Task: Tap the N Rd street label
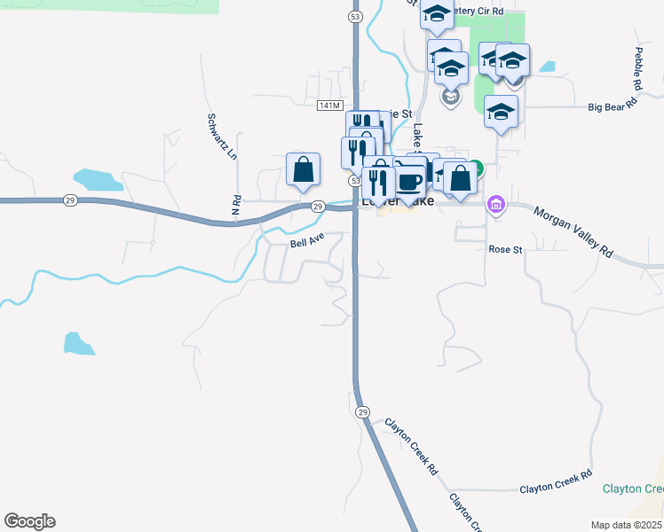pyautogui.click(x=237, y=205)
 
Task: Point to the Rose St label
pyautogui.click(x=505, y=250)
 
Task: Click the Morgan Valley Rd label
pyautogui.click(x=574, y=232)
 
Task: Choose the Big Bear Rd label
pyautogui.click(x=613, y=105)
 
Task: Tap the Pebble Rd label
pyautogui.click(x=637, y=69)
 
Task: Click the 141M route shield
pyautogui.click(x=328, y=106)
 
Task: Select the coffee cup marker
pyautogui.click(x=409, y=181)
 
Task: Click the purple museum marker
pyautogui.click(x=496, y=206)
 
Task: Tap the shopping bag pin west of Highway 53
pyautogui.click(x=303, y=168)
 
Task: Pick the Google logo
pyautogui.click(x=29, y=521)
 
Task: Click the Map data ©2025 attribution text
pyautogui.click(x=627, y=525)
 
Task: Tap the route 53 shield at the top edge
pyautogui.click(x=355, y=16)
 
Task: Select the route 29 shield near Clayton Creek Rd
pyautogui.click(x=362, y=412)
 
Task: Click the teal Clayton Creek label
pyautogui.click(x=632, y=489)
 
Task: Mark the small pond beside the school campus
pyautogui.click(x=547, y=66)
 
